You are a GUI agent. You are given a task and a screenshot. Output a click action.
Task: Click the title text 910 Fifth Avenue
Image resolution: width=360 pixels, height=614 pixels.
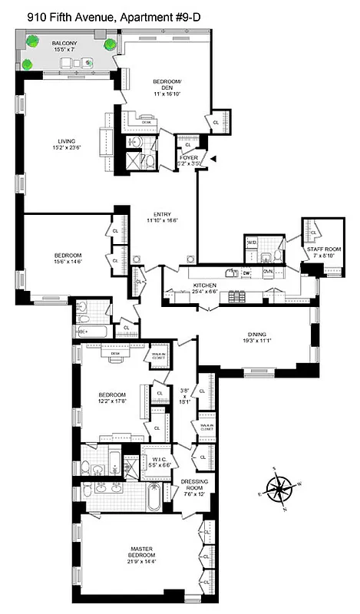61,11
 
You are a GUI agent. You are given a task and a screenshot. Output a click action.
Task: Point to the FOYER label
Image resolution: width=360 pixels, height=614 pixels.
189,157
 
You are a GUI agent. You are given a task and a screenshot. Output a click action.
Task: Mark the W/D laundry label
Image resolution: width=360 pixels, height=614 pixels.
251,243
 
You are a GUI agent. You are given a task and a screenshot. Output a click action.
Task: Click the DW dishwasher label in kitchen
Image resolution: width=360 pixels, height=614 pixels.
246,272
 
